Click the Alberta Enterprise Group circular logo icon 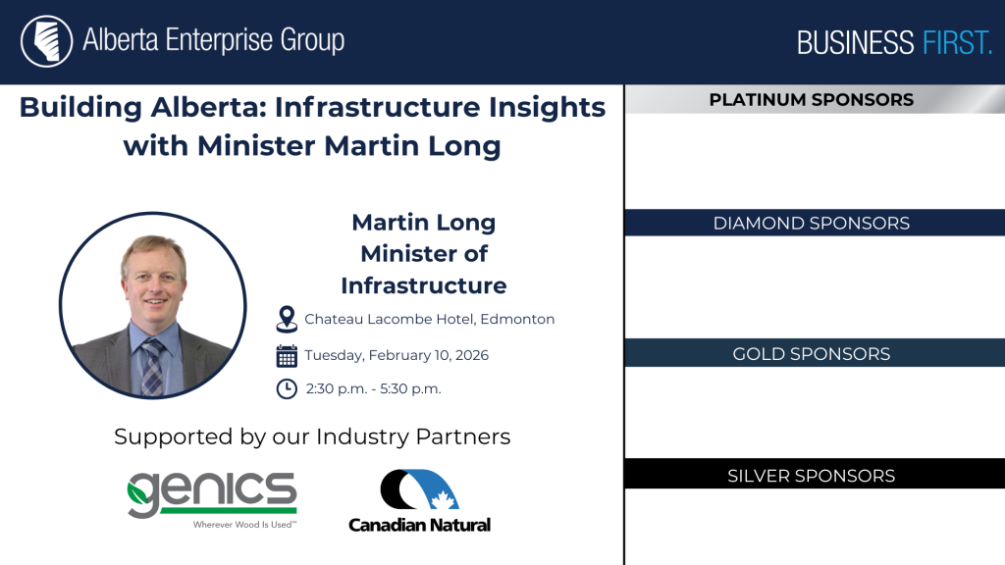(47, 41)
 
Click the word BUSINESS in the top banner (855, 43)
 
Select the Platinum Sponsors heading (811, 100)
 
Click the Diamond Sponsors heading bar (815, 223)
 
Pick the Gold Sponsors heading (811, 353)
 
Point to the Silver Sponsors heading (811, 476)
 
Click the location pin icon (287, 319)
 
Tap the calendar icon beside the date (287, 355)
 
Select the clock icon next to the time (287, 388)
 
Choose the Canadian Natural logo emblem (419, 490)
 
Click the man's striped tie (152, 367)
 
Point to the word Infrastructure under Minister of (424, 285)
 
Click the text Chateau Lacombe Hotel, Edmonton (430, 319)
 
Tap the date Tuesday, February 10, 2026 (397, 355)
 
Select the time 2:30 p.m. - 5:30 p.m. (373, 388)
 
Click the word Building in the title (80, 108)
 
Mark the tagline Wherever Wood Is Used (244, 525)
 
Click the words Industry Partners (413, 437)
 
